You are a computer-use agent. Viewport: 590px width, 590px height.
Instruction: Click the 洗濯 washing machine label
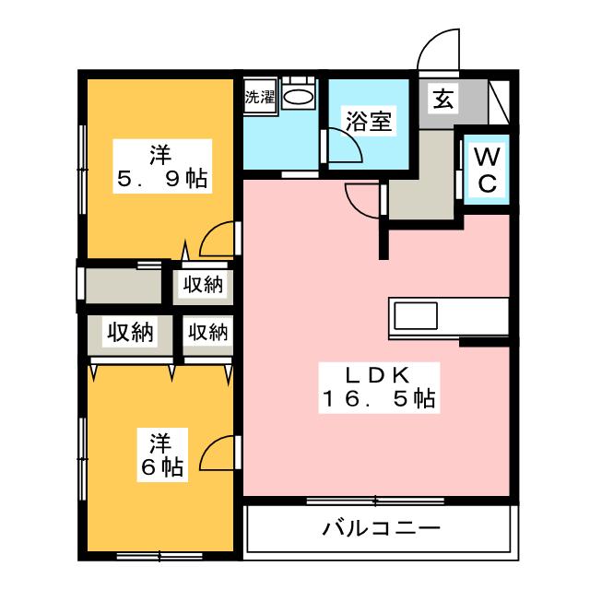pyautogui.click(x=260, y=97)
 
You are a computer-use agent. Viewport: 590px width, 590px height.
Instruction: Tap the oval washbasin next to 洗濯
pyautogui.click(x=298, y=97)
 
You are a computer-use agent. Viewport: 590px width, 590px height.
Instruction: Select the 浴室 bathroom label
pyautogui.click(x=371, y=122)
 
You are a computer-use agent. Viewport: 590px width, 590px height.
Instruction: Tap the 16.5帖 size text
pyautogui.click(x=378, y=400)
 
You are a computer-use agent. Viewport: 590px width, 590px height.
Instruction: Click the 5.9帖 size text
pyautogui.click(x=161, y=178)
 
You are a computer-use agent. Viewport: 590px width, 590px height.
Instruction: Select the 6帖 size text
pyautogui.click(x=161, y=467)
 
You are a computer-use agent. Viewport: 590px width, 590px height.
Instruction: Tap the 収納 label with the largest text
pyautogui.click(x=127, y=332)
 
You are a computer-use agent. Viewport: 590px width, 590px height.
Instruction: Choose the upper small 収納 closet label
pyautogui.click(x=202, y=286)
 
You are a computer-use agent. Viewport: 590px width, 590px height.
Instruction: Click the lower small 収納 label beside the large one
pyautogui.click(x=206, y=332)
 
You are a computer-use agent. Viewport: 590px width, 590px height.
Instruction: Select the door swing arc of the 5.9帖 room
pyautogui.click(x=215, y=238)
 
